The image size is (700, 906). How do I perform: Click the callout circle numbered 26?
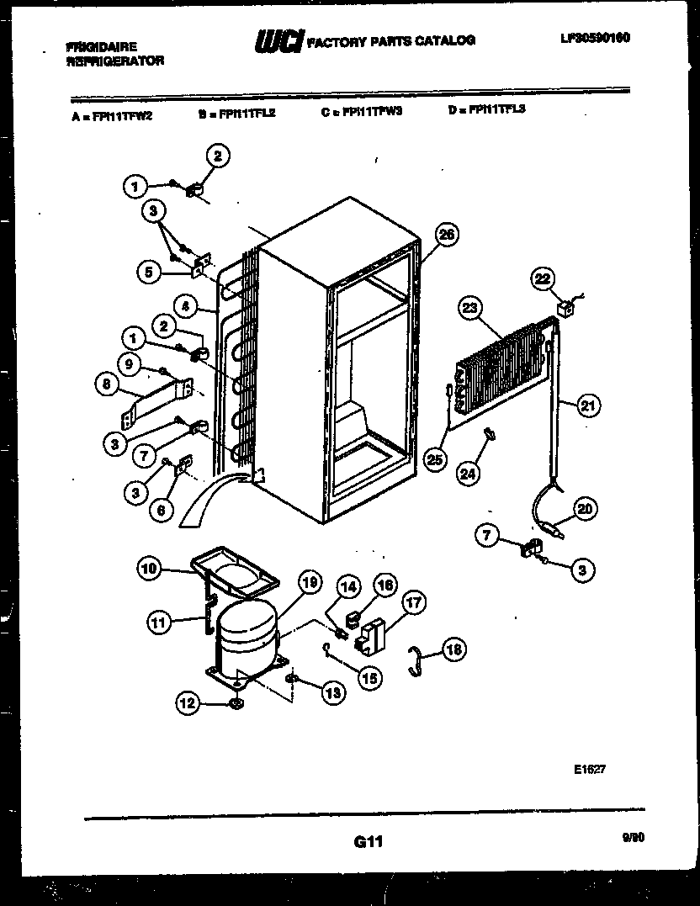tap(446, 235)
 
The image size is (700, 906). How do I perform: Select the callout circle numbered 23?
tap(469, 309)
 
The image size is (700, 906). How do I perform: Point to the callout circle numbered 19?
tap(309, 582)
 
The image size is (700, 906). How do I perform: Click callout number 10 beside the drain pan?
tap(148, 570)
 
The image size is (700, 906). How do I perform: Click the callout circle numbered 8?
tap(107, 386)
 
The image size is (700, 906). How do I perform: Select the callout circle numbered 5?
tap(150, 271)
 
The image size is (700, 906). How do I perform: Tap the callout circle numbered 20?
tap(584, 507)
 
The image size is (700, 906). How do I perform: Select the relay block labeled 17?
tap(371, 635)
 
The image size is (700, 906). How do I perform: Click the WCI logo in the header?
tap(278, 40)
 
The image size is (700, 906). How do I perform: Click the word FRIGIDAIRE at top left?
tap(101, 48)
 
